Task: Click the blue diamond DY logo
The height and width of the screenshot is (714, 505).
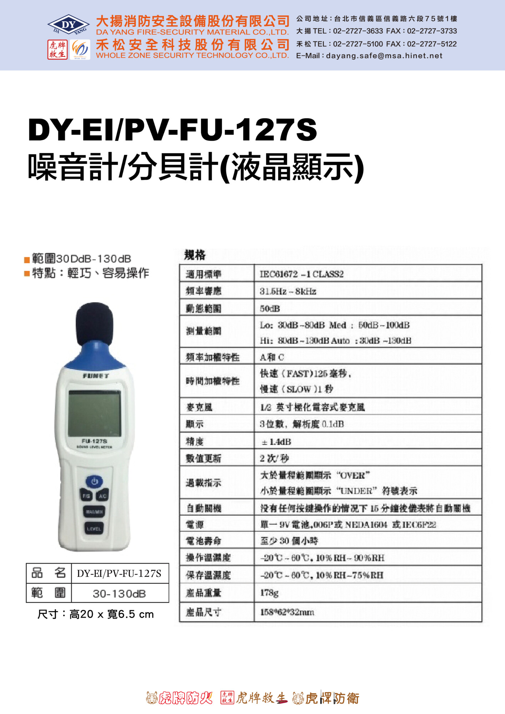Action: click(x=68, y=25)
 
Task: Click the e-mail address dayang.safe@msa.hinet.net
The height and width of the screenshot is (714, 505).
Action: click(x=384, y=56)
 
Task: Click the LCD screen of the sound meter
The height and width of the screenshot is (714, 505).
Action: click(x=95, y=413)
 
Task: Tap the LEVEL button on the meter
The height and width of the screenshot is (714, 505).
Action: click(x=94, y=529)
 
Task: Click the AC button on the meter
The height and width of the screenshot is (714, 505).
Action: click(x=102, y=496)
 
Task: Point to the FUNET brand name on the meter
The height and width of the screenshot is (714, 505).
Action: click(x=96, y=376)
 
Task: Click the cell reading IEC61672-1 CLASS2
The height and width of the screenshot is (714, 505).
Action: click(x=302, y=274)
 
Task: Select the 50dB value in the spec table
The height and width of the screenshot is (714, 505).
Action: click(x=270, y=308)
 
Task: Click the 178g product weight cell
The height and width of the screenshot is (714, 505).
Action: click(x=269, y=593)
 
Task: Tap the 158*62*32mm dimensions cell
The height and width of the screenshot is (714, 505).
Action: click(x=287, y=612)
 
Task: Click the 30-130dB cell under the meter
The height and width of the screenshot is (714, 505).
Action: click(x=119, y=594)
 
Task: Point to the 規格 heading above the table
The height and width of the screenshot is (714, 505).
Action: click(x=195, y=255)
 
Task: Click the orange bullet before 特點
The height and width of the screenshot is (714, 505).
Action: click(x=27, y=274)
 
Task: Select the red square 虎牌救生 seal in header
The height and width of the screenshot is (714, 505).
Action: click(x=57, y=50)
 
